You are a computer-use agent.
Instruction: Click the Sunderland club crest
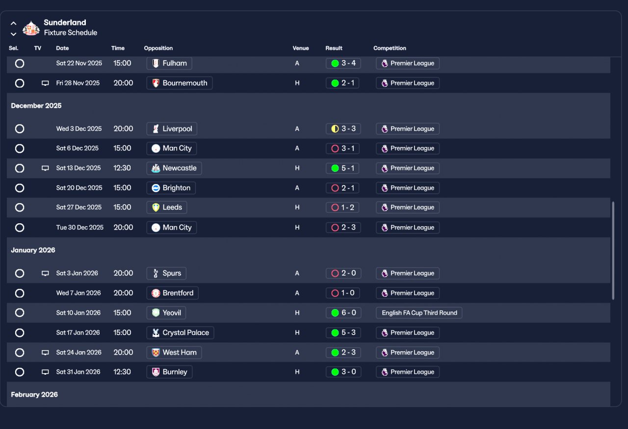(x=31, y=27)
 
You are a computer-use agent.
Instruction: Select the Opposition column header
(x=158, y=48)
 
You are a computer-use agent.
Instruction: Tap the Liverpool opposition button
(x=172, y=129)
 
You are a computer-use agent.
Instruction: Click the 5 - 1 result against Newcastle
(x=343, y=168)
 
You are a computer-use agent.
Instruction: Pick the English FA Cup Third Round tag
(x=419, y=313)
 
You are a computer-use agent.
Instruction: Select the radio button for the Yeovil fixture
(x=20, y=313)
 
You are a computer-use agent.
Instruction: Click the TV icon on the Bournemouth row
(x=45, y=83)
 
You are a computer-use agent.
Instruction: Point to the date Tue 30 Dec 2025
(x=79, y=227)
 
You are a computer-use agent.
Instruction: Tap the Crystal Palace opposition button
(x=180, y=333)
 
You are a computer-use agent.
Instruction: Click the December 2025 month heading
(x=36, y=106)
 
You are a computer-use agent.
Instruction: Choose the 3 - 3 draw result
(x=343, y=129)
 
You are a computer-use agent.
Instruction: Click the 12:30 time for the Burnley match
(x=122, y=372)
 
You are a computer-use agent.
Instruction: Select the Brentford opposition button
(x=172, y=293)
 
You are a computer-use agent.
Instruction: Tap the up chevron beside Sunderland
(x=14, y=23)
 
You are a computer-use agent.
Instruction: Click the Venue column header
(x=301, y=48)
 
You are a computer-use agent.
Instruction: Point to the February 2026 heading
(x=34, y=394)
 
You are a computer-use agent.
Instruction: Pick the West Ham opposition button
(x=174, y=352)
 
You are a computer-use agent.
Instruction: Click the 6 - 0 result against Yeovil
(x=343, y=313)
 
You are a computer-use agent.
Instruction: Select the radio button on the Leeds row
(x=20, y=208)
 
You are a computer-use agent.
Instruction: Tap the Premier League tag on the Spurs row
(x=407, y=273)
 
